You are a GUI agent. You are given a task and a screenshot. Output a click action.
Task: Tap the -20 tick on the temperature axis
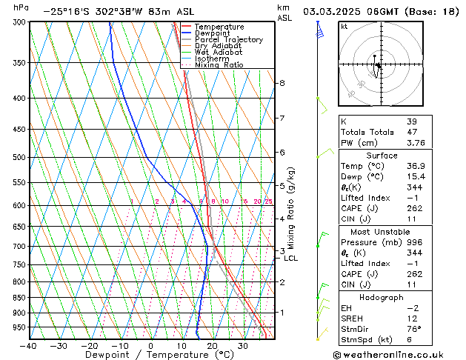tap(89, 346)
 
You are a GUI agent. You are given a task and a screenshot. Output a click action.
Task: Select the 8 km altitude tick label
tap(282, 83)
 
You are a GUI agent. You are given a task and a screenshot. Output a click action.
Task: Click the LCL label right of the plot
tap(290, 259)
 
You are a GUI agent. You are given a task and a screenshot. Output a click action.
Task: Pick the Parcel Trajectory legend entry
tap(228, 40)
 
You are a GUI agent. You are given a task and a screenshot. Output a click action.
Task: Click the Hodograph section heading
tap(382, 297)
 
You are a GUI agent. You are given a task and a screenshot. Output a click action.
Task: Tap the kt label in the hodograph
tap(344, 26)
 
